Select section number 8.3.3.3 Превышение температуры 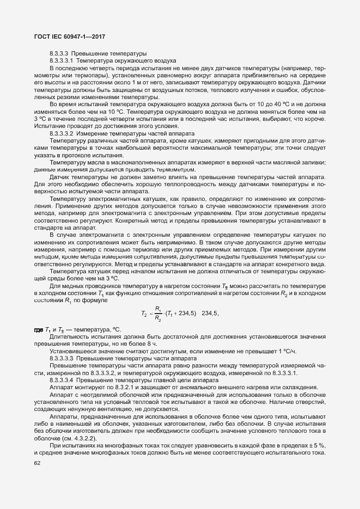tap(59, 54)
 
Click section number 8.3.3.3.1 tap(62, 61)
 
